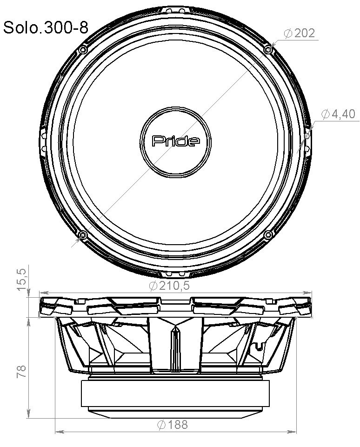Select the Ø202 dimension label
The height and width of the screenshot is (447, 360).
click(299, 33)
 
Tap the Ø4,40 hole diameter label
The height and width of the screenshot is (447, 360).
click(338, 114)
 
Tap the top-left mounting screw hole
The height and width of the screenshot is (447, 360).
click(83, 49)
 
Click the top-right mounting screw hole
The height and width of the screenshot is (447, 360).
click(267, 49)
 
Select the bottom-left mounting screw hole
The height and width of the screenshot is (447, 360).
click(83, 235)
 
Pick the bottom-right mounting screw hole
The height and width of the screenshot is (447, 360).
click(267, 235)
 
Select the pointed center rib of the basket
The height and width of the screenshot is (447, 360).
click(175, 347)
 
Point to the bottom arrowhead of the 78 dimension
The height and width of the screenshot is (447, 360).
click(29, 413)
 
